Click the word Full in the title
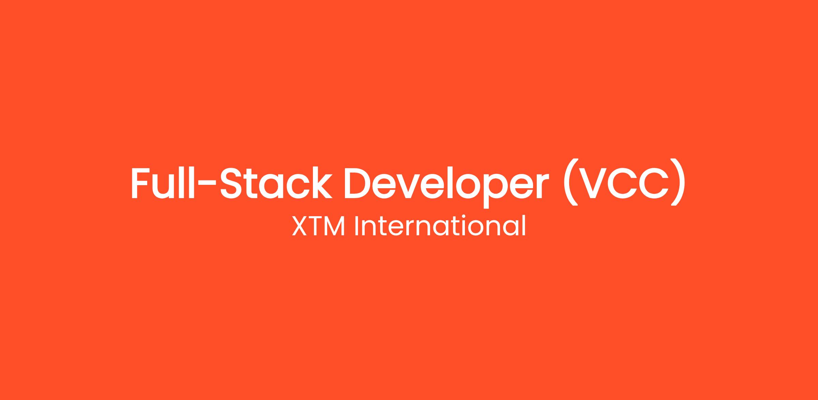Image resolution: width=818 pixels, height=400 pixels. [163, 182]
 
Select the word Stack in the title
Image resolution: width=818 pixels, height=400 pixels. [276, 182]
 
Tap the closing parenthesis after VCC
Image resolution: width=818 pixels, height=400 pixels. [678, 182]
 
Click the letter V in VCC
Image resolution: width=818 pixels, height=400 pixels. [595, 182]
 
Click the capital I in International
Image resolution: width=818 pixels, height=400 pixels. [356, 226]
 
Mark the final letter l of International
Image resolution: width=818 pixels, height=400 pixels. [525, 225]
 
